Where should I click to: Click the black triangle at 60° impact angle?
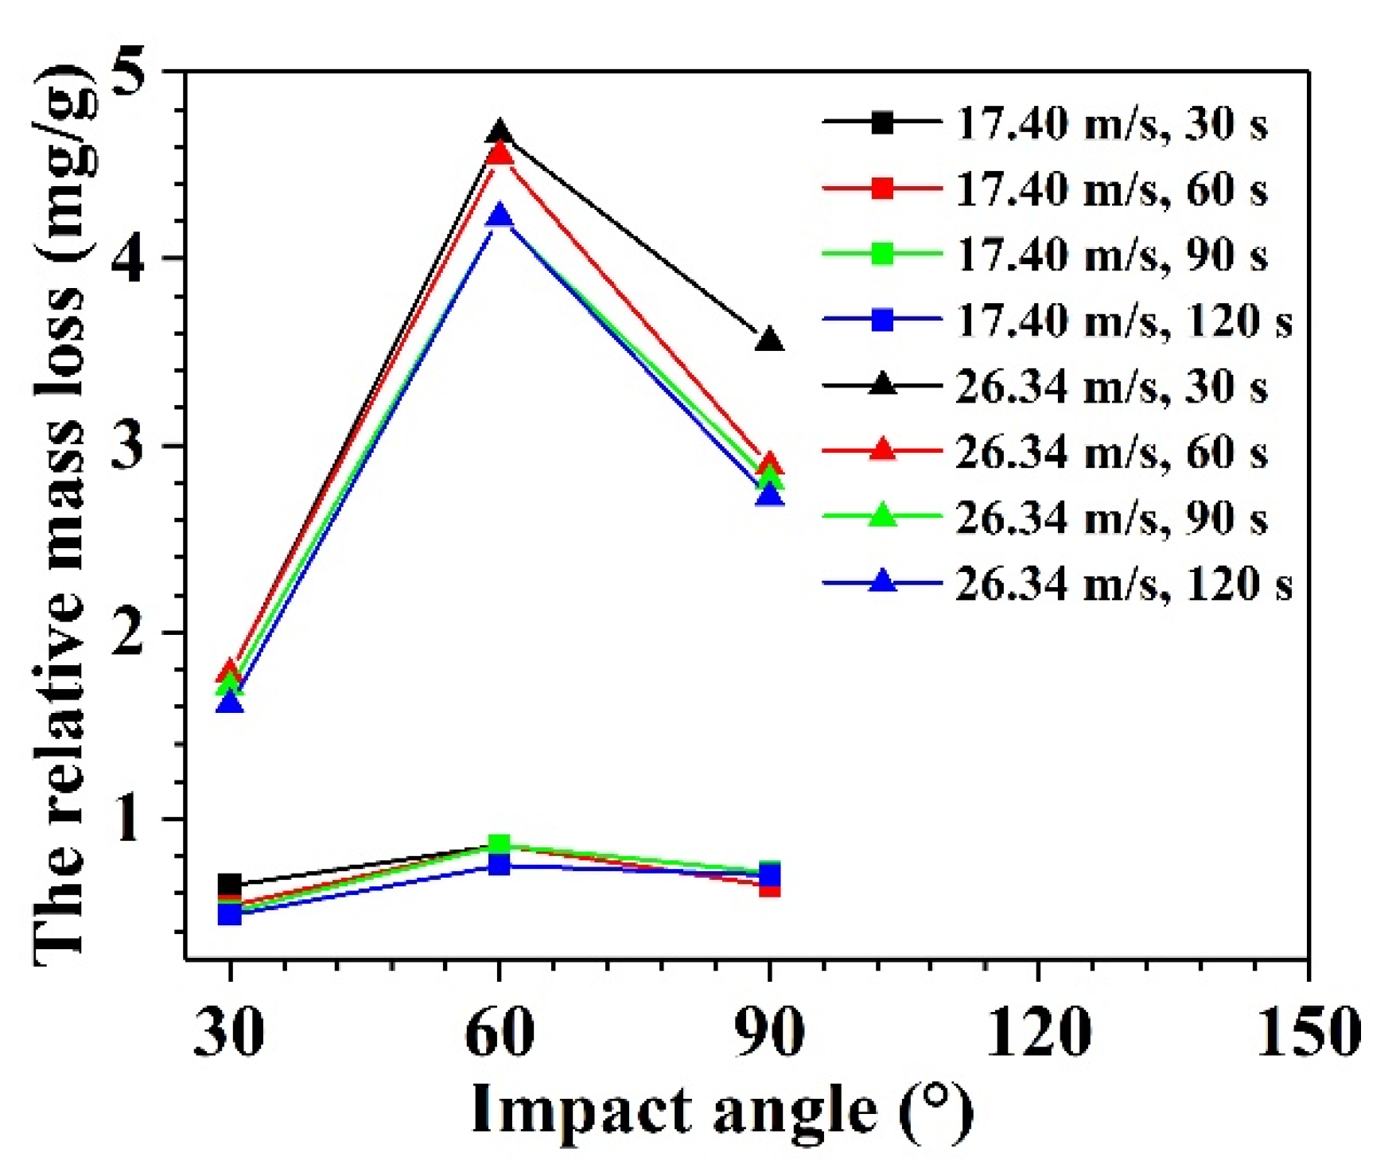click(500, 132)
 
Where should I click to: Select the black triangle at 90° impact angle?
click(769, 340)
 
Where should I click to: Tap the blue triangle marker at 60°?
click(500, 215)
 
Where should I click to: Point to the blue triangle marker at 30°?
click(230, 702)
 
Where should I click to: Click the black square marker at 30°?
click(230, 885)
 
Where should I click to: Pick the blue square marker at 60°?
click(499, 864)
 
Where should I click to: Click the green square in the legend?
click(882, 255)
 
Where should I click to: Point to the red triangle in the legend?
click(882, 450)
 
